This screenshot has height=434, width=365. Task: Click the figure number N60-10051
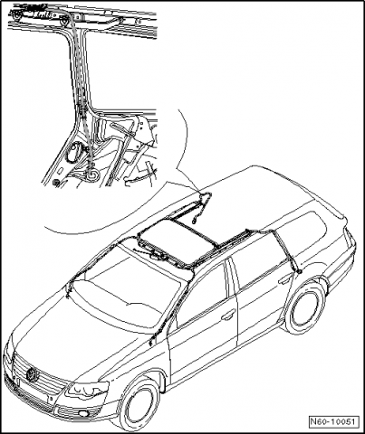(333, 421)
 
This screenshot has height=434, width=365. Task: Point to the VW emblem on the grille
(32, 374)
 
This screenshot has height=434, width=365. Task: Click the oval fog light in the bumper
(81, 412)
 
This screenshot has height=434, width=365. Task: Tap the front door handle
(228, 315)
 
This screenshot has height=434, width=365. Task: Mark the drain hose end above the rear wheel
(300, 272)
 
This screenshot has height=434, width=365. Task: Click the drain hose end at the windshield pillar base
(150, 342)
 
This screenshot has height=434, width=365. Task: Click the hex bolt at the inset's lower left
(55, 183)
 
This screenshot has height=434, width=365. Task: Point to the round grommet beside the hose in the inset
(72, 153)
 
